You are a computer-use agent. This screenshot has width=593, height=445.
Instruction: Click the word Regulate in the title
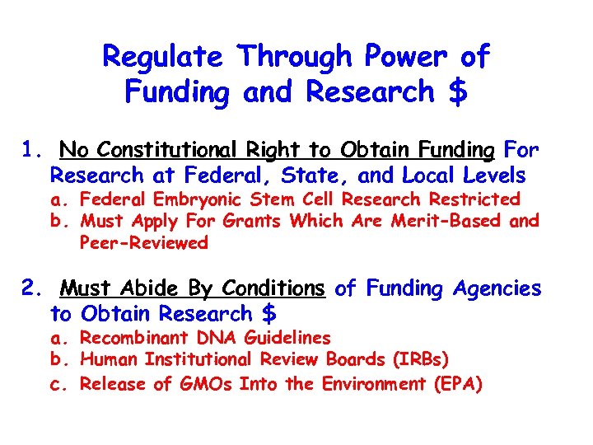tap(162, 57)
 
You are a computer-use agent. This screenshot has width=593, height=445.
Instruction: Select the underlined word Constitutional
tap(162, 150)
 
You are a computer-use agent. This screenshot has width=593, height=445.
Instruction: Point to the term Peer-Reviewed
tap(144, 243)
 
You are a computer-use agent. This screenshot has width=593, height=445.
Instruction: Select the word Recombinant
tap(134, 338)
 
